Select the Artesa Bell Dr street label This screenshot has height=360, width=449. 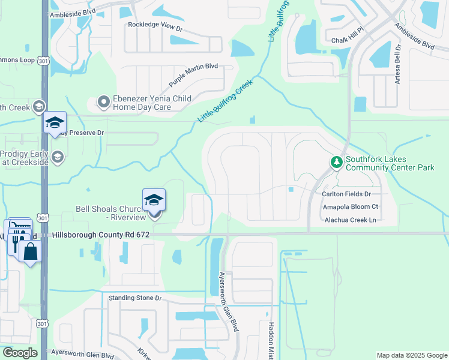397,63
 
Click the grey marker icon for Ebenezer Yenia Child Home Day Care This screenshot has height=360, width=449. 104,103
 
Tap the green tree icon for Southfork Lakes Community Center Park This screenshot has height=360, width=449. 336,163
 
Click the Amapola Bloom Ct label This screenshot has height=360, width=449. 351,206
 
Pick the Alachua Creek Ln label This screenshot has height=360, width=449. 350,220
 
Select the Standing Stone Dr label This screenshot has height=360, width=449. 135,298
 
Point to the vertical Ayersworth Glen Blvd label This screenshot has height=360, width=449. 229,302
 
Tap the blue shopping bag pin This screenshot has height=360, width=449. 30,251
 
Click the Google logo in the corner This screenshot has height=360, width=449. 20,353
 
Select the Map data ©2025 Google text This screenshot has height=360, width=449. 411,355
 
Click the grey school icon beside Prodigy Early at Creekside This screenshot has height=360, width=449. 57,157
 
